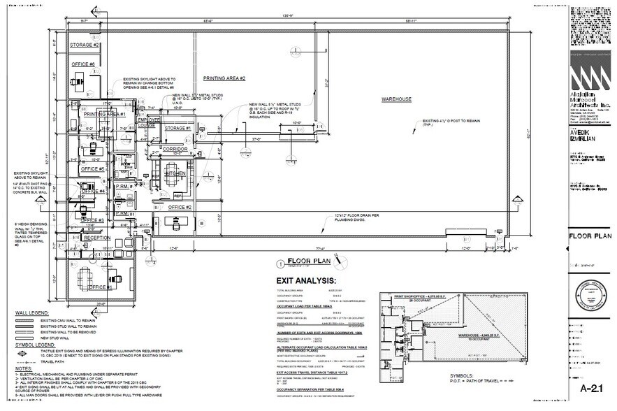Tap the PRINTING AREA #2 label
pos(224,78)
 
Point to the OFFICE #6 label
pos(82,64)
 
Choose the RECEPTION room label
pos(97,238)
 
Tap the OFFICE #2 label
pos(180,207)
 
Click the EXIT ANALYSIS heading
pos(305,280)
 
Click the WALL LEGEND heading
pos(29,312)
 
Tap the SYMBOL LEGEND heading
pos(32,345)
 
